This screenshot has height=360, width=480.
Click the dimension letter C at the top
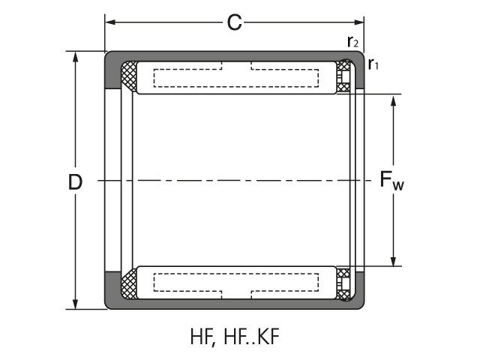pyautogui.click(x=234, y=23)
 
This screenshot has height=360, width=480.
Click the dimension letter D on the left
pyautogui.click(x=75, y=181)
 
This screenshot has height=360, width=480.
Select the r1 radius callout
pyautogui.click(x=373, y=65)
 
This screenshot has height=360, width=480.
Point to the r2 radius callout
pyautogui.click(x=352, y=42)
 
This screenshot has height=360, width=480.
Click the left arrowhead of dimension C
pyautogui.click(x=109, y=23)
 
